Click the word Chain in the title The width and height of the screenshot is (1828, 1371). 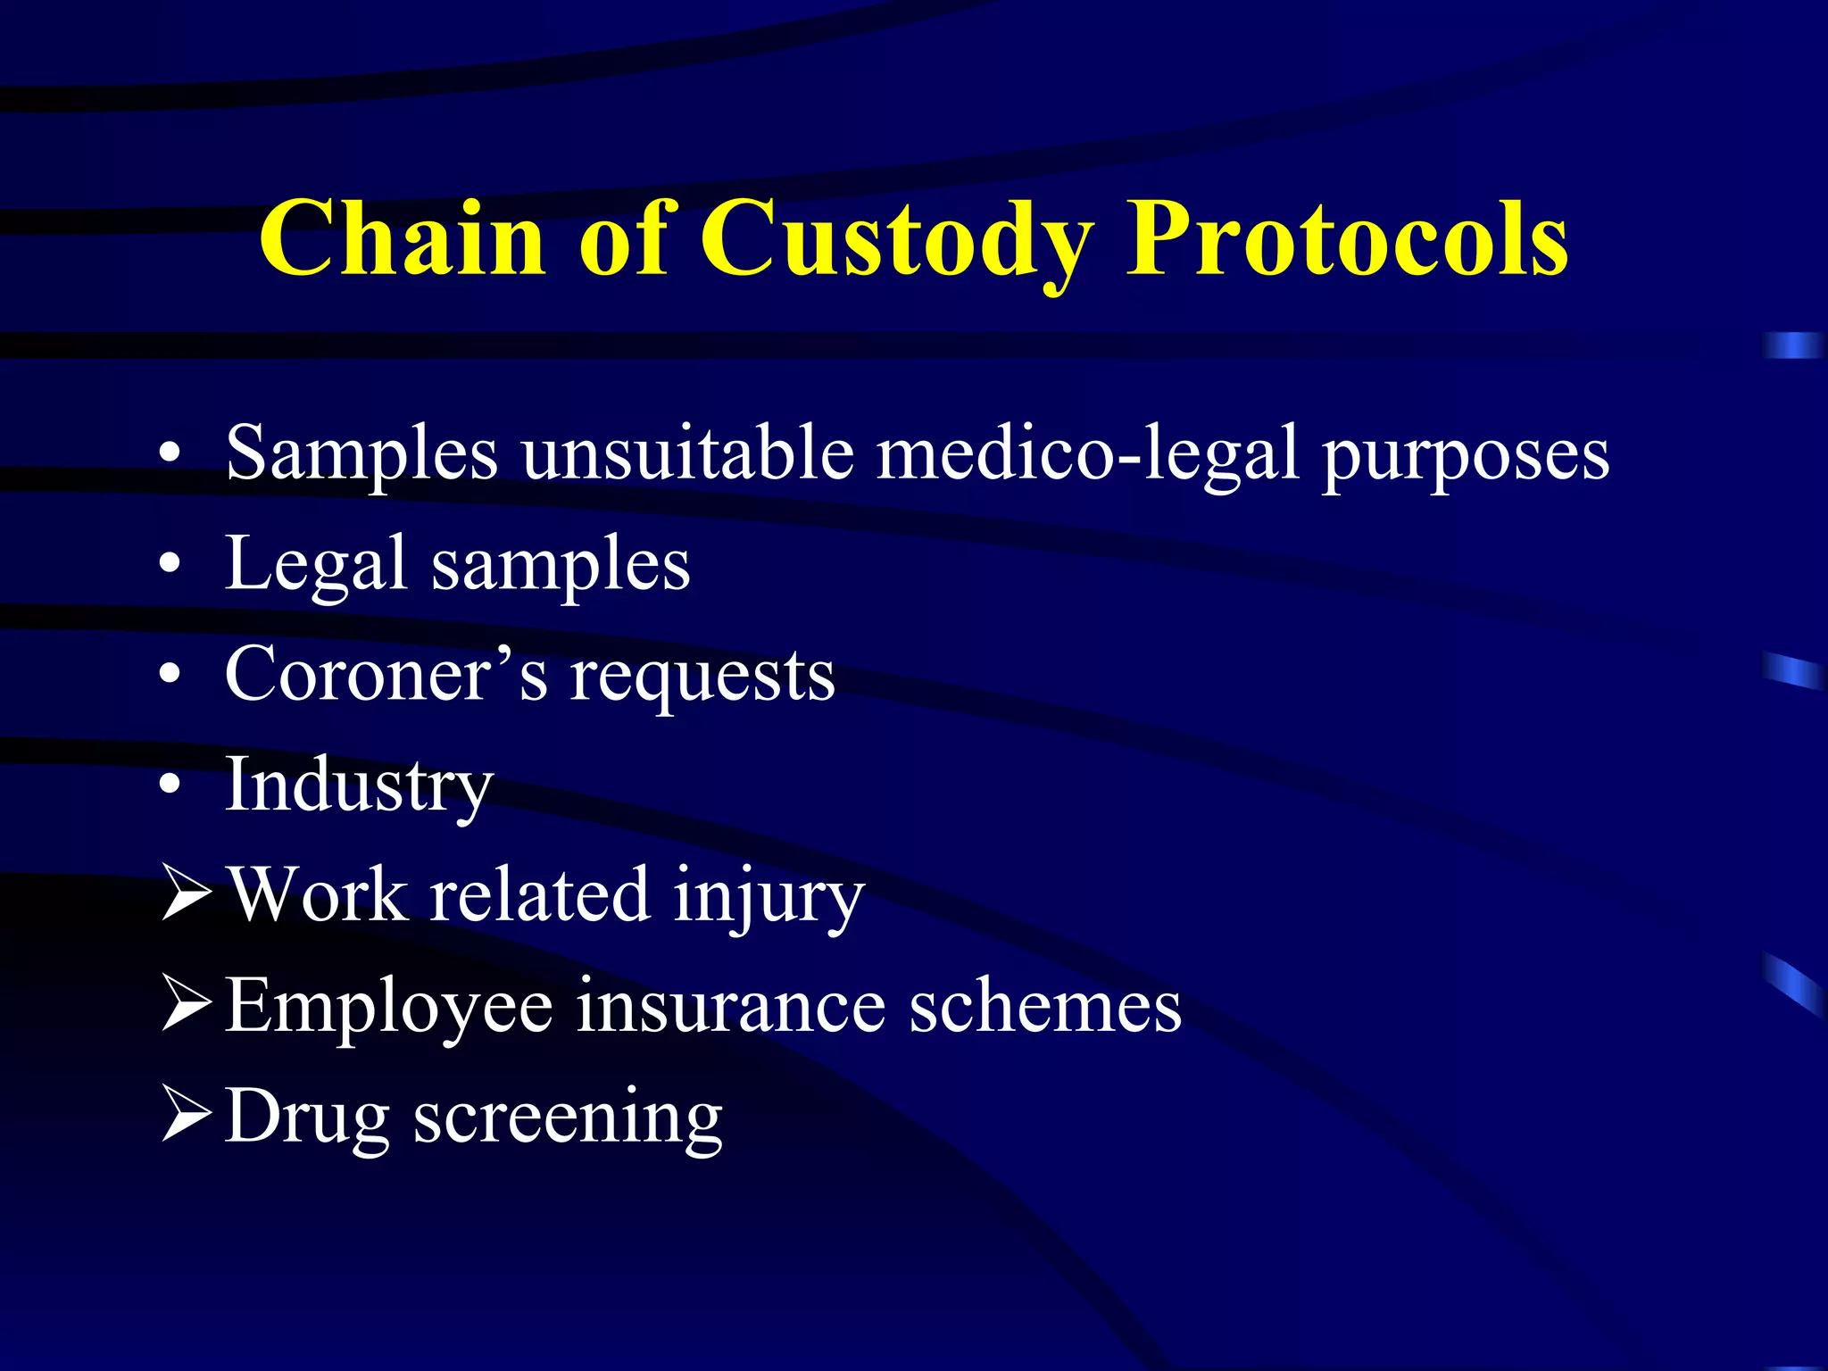[x=402, y=239]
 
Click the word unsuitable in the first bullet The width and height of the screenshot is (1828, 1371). [x=687, y=453]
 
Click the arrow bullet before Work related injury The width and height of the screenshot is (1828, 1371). [x=187, y=894]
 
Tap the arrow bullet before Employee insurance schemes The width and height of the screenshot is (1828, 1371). [x=187, y=1005]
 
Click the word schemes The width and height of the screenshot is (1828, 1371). [x=1045, y=1007]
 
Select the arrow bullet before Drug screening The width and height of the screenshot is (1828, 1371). [x=187, y=1116]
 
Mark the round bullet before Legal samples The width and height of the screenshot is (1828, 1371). [x=170, y=565]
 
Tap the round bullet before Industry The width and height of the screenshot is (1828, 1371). [x=170, y=785]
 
